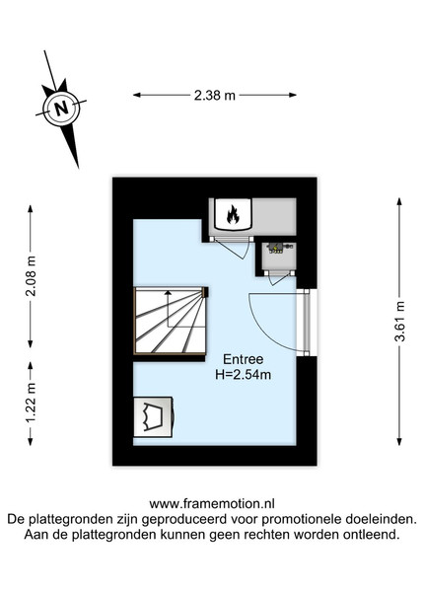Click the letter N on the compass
click(61, 109)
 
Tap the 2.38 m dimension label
click(215, 96)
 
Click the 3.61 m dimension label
click(399, 322)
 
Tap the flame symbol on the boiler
click(233, 214)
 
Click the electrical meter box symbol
click(279, 248)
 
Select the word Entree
click(243, 359)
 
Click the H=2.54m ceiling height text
click(243, 375)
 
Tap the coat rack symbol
click(154, 416)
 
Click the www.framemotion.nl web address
click(212, 503)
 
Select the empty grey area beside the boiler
click(274, 216)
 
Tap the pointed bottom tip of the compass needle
click(78, 168)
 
